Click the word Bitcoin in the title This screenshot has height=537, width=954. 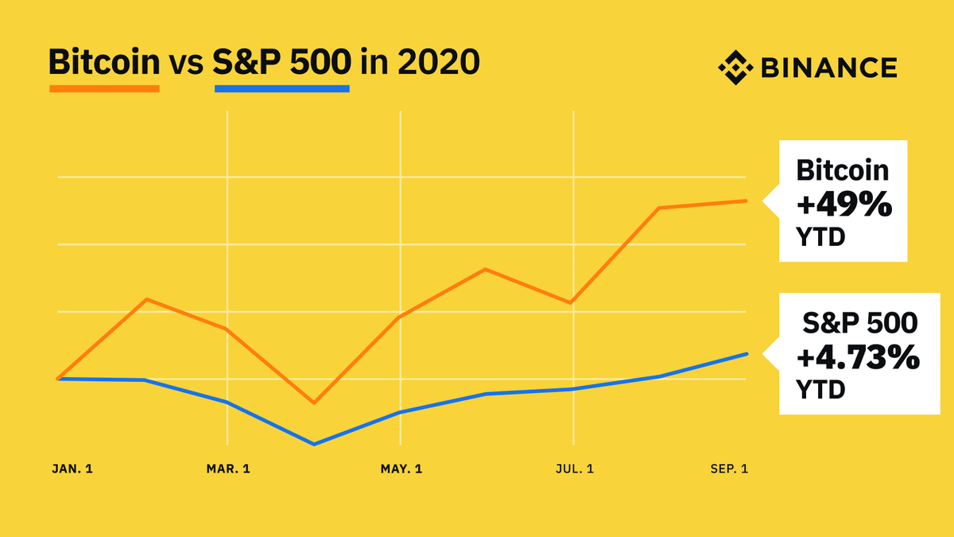[x=104, y=62]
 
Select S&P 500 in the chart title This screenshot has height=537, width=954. [x=281, y=62]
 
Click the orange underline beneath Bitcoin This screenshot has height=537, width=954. [x=104, y=88]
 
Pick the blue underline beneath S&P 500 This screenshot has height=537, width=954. [x=281, y=88]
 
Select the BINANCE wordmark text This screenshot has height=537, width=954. [x=828, y=68]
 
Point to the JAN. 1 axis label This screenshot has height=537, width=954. [x=72, y=469]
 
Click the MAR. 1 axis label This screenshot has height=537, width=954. [x=228, y=469]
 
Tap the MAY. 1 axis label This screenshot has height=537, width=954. [x=401, y=469]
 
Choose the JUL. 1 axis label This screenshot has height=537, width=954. [x=572, y=469]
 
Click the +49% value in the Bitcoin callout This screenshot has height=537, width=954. [x=843, y=205]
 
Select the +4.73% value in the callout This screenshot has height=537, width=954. [x=857, y=359]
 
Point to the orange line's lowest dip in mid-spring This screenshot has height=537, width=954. [x=314, y=403]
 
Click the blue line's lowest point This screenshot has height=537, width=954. [x=314, y=444]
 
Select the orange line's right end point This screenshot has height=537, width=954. [x=746, y=200]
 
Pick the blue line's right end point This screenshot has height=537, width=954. [x=746, y=354]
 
